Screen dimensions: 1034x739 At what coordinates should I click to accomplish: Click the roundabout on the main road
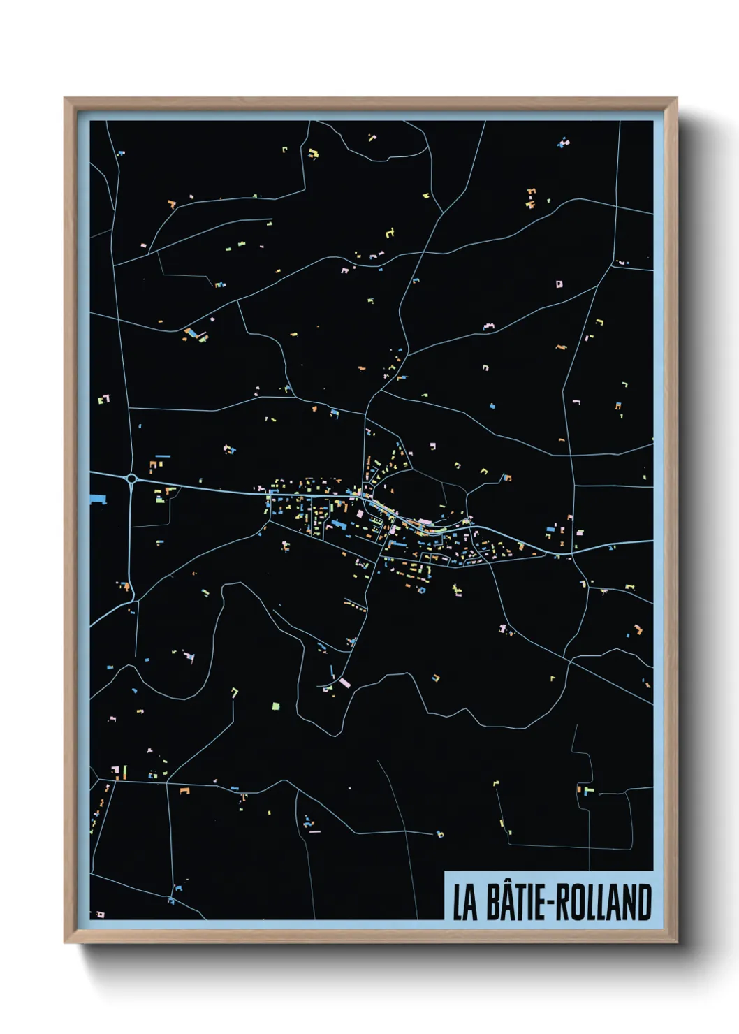coord(131,479)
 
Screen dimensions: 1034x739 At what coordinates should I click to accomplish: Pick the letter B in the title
coord(492,903)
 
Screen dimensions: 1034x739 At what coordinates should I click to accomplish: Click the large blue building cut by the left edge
coord(98,499)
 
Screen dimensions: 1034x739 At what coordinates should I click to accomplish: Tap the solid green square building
coord(276,706)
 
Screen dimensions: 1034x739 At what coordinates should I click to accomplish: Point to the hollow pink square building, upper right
coord(559,284)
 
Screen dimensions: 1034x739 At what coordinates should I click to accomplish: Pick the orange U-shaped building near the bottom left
coord(184,791)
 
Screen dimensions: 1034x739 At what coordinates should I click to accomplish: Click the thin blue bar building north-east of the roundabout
coord(162,456)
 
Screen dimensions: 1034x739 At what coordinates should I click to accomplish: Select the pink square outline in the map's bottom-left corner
coord(101,913)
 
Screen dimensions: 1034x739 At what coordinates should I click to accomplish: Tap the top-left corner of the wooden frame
coord(66,99)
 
